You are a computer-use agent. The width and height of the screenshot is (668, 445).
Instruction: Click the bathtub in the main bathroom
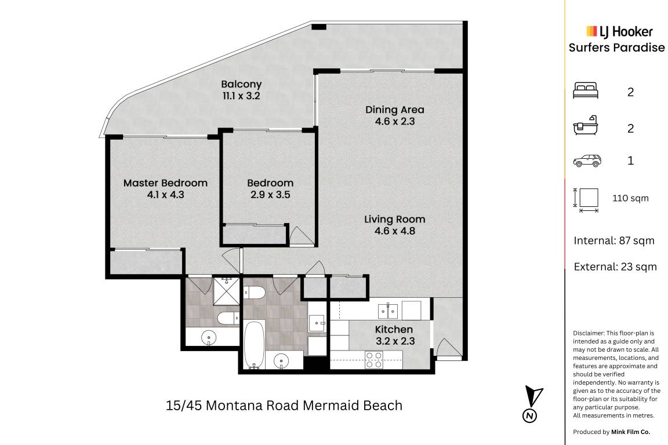255,345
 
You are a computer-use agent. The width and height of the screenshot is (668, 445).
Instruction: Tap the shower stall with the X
226,291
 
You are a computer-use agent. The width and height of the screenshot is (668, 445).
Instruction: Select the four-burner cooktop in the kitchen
374,360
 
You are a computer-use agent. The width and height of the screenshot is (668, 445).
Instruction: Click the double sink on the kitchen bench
388,311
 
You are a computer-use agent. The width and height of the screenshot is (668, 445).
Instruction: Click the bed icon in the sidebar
586,91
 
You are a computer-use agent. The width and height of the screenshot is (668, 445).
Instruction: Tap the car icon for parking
587,161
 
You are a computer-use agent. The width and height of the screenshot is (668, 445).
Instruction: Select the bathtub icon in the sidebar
586,126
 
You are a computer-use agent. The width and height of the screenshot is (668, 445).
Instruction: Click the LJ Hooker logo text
620,31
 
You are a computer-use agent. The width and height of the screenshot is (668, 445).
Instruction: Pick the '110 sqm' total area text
630,198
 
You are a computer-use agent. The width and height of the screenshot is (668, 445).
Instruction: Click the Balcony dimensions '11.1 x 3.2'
241,96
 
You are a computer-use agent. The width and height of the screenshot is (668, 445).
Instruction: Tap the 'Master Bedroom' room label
165,183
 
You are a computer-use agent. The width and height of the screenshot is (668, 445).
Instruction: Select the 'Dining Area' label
395,110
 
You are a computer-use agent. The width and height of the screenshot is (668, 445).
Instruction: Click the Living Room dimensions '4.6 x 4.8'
395,231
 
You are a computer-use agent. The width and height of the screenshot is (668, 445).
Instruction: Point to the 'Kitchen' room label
394,330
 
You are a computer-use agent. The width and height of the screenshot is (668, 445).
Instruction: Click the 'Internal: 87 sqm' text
614,241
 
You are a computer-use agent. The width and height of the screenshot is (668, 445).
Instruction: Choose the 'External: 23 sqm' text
615,267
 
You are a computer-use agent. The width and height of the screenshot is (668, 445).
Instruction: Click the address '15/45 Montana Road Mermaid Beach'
284,406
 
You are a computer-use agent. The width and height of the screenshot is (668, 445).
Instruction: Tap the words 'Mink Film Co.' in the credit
630,432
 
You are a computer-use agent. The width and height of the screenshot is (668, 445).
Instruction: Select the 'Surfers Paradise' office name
616,48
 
